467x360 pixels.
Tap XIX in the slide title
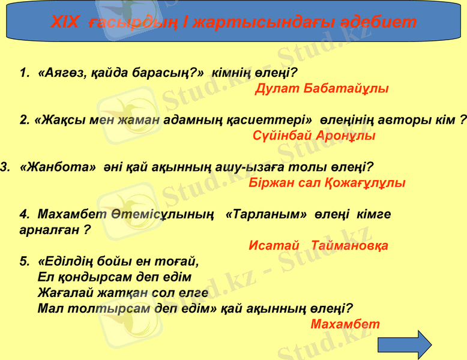(64, 23)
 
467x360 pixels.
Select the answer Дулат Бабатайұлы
(322, 89)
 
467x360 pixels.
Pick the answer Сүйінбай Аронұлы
(314, 136)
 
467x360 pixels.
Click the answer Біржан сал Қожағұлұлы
(327, 182)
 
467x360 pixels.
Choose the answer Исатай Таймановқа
(318, 245)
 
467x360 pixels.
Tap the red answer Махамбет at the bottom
(346, 324)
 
